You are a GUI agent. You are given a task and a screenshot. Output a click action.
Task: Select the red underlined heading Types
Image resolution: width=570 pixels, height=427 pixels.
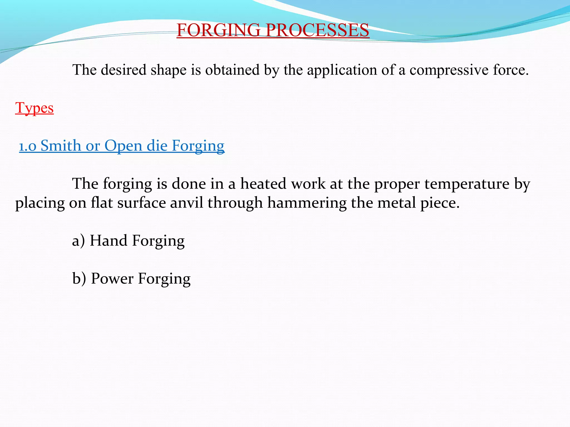pos(35,108)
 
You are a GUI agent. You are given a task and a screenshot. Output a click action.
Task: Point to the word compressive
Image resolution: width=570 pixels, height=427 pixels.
pos(449,70)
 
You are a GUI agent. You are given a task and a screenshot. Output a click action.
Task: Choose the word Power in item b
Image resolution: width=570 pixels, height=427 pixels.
pos(112,279)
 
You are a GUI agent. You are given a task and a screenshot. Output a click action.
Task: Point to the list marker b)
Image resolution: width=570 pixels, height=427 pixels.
pos(79,279)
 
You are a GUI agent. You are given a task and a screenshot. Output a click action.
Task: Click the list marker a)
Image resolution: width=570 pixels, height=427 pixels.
pos(78,241)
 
